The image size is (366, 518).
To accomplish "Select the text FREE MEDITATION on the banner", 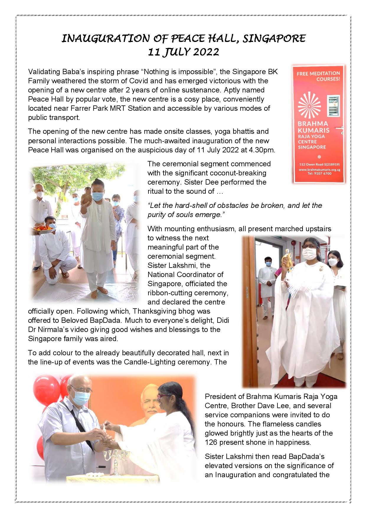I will pyautogui.click(x=318, y=73).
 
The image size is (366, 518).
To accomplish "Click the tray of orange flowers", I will pyautogui.click(x=44, y=229).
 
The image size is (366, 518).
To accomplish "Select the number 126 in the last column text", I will pyautogui.click(x=211, y=442).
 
